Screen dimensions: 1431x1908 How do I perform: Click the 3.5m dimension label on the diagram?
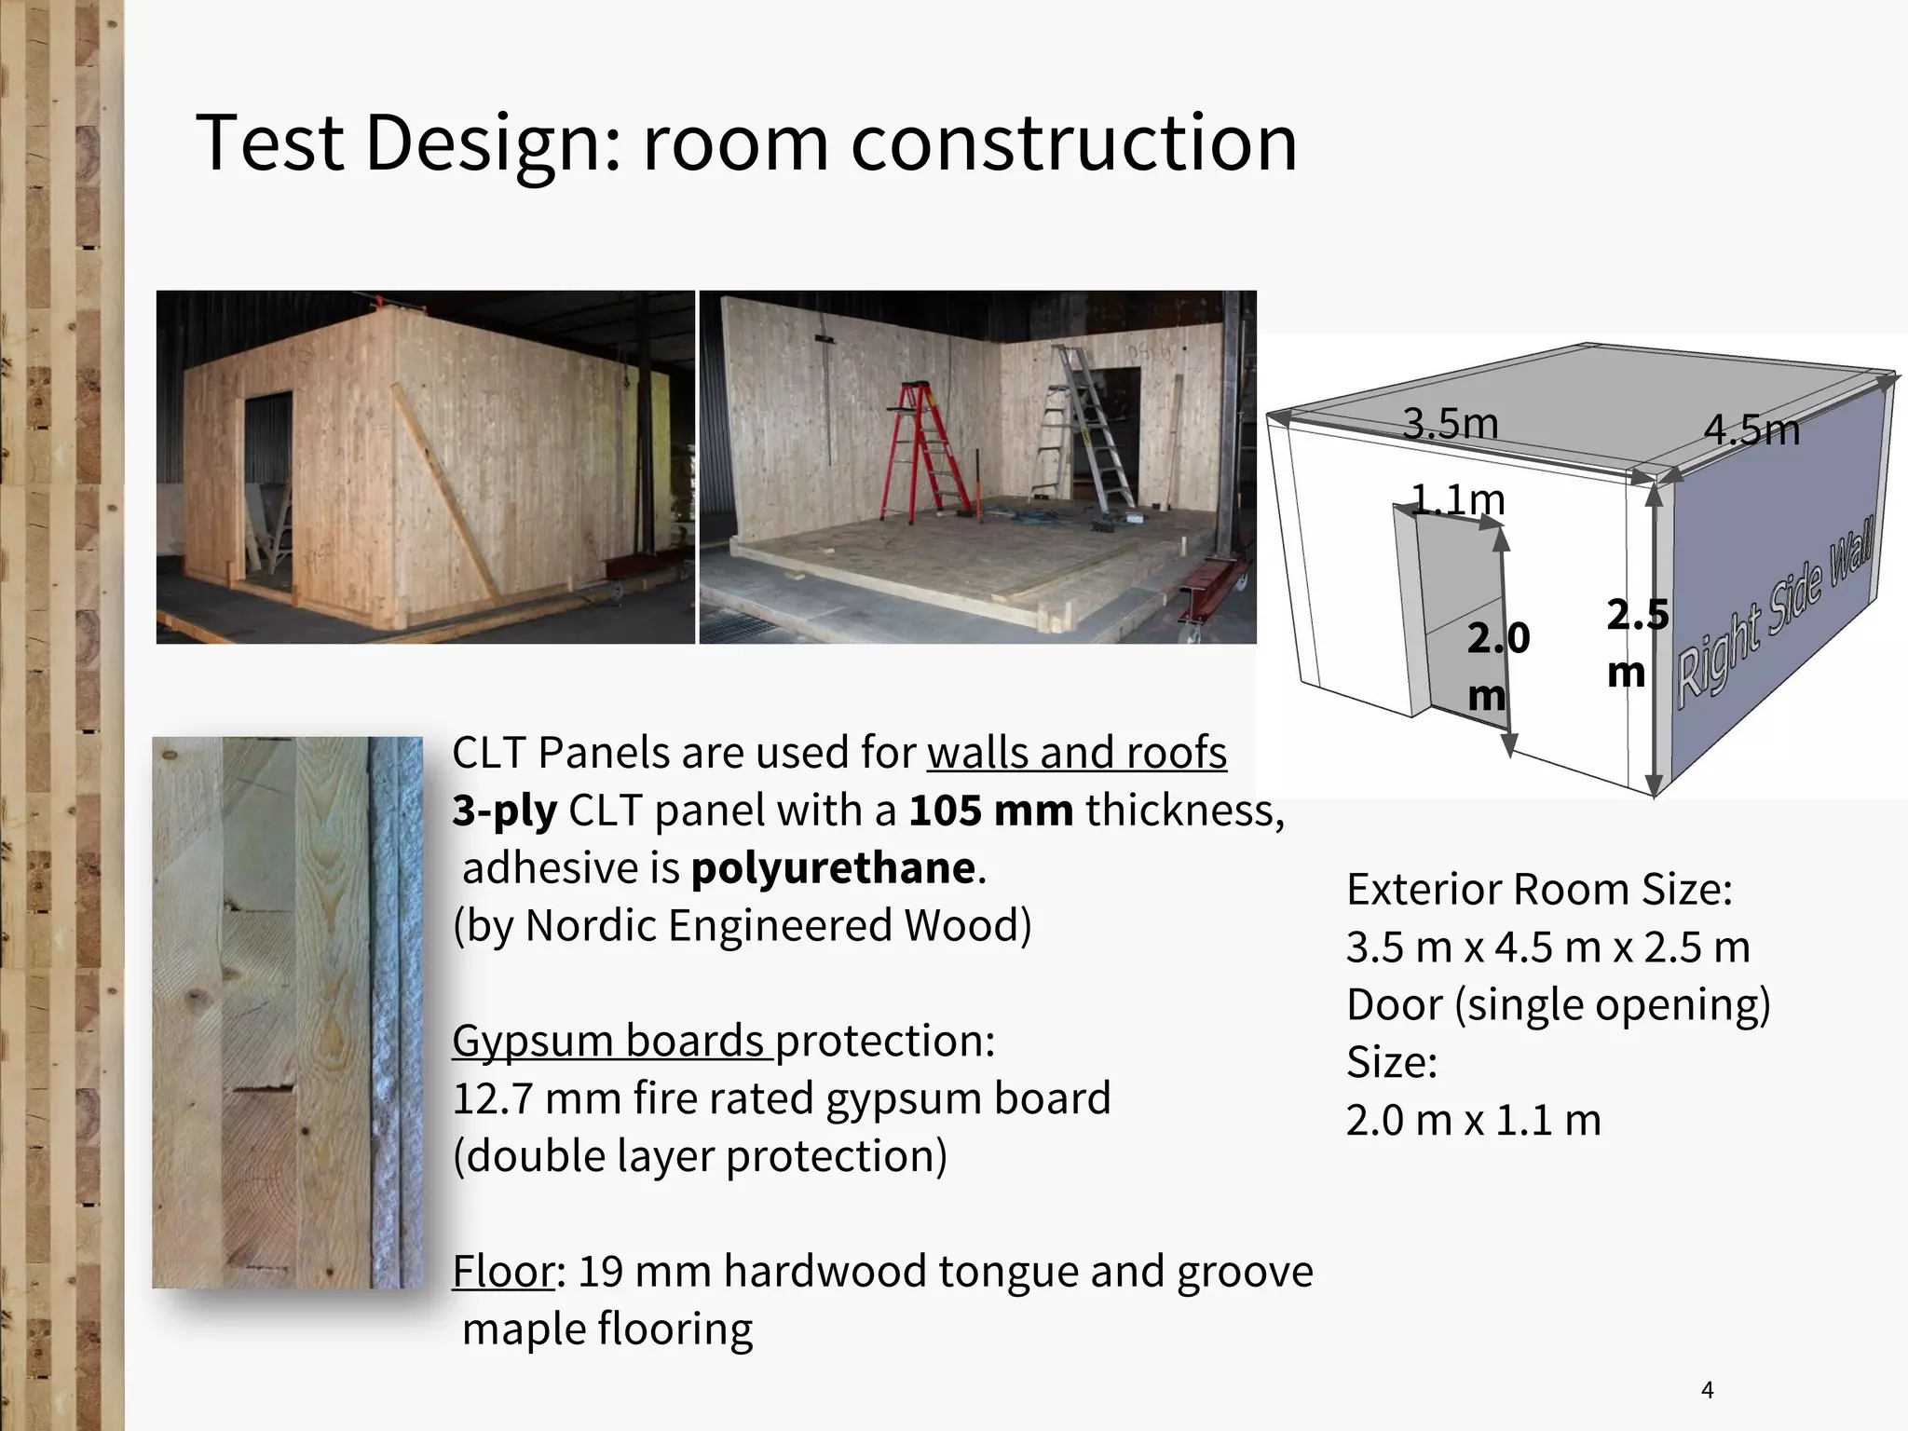[x=1450, y=424]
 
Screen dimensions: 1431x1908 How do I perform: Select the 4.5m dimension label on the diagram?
[x=1751, y=430]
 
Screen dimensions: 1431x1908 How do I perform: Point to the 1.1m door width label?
[x=1457, y=500]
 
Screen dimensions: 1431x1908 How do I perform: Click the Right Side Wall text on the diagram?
[x=1775, y=615]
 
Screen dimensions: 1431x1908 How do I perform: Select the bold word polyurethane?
[x=833, y=868]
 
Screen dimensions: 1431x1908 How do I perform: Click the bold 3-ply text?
[x=504, y=811]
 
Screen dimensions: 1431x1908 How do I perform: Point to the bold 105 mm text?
[x=990, y=811]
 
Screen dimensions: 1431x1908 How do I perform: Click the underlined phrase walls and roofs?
[x=1076, y=753]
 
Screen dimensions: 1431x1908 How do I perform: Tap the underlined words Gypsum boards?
[x=611, y=1041]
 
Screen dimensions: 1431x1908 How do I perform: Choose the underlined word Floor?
[x=503, y=1272]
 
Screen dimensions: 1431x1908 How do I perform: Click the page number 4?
[x=1707, y=1391]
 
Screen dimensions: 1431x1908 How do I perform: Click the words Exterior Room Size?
[x=1538, y=890]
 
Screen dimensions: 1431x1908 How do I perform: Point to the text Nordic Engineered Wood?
[x=778, y=926]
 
